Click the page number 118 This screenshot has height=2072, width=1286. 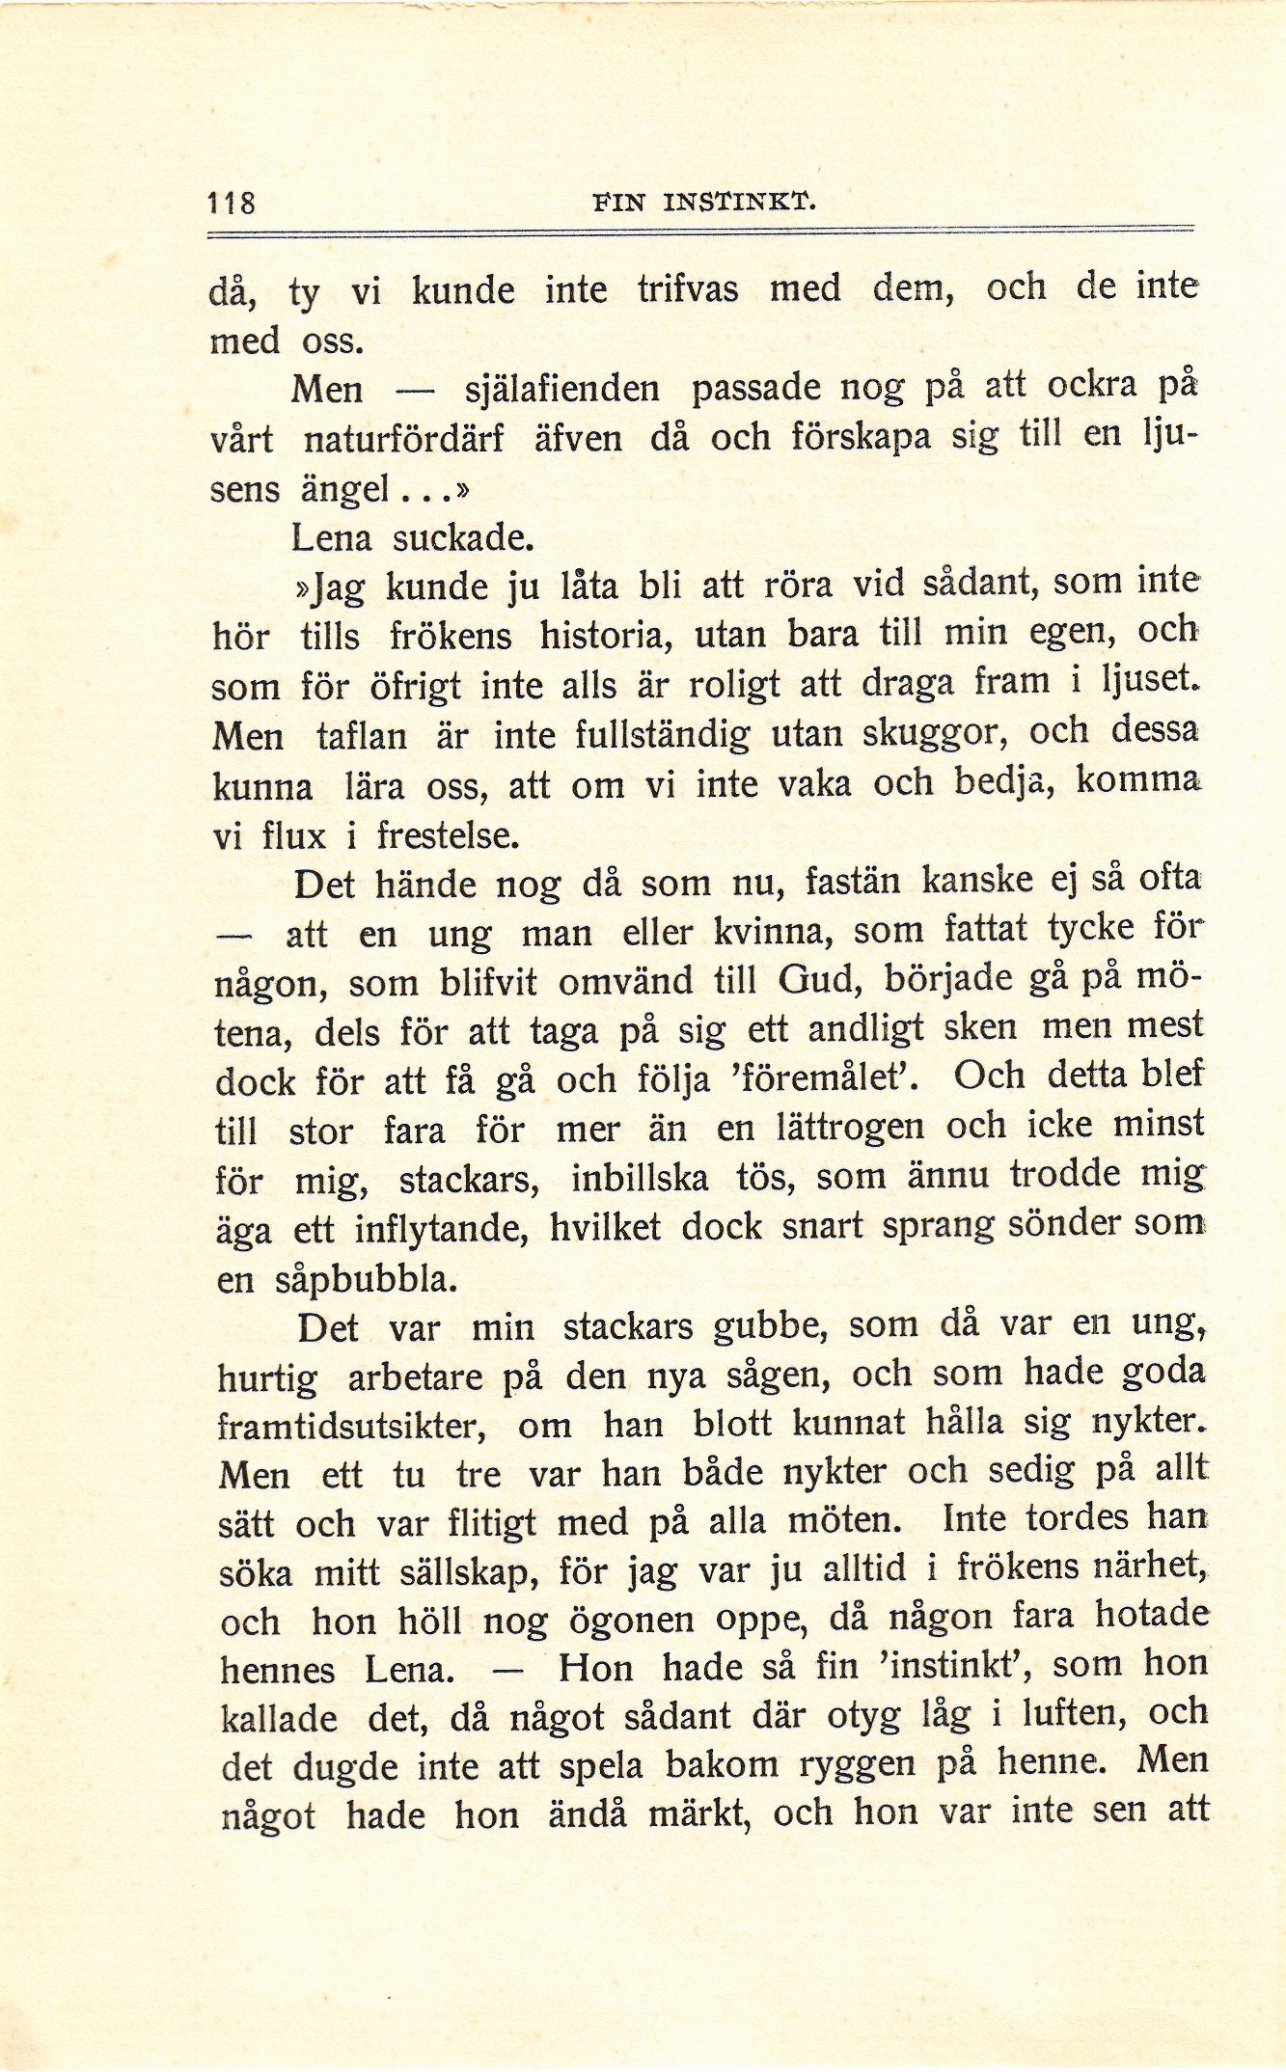pos(232,204)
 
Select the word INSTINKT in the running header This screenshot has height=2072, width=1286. pos(740,204)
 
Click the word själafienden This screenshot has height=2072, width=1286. pos(561,390)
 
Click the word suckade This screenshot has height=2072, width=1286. pos(462,538)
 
